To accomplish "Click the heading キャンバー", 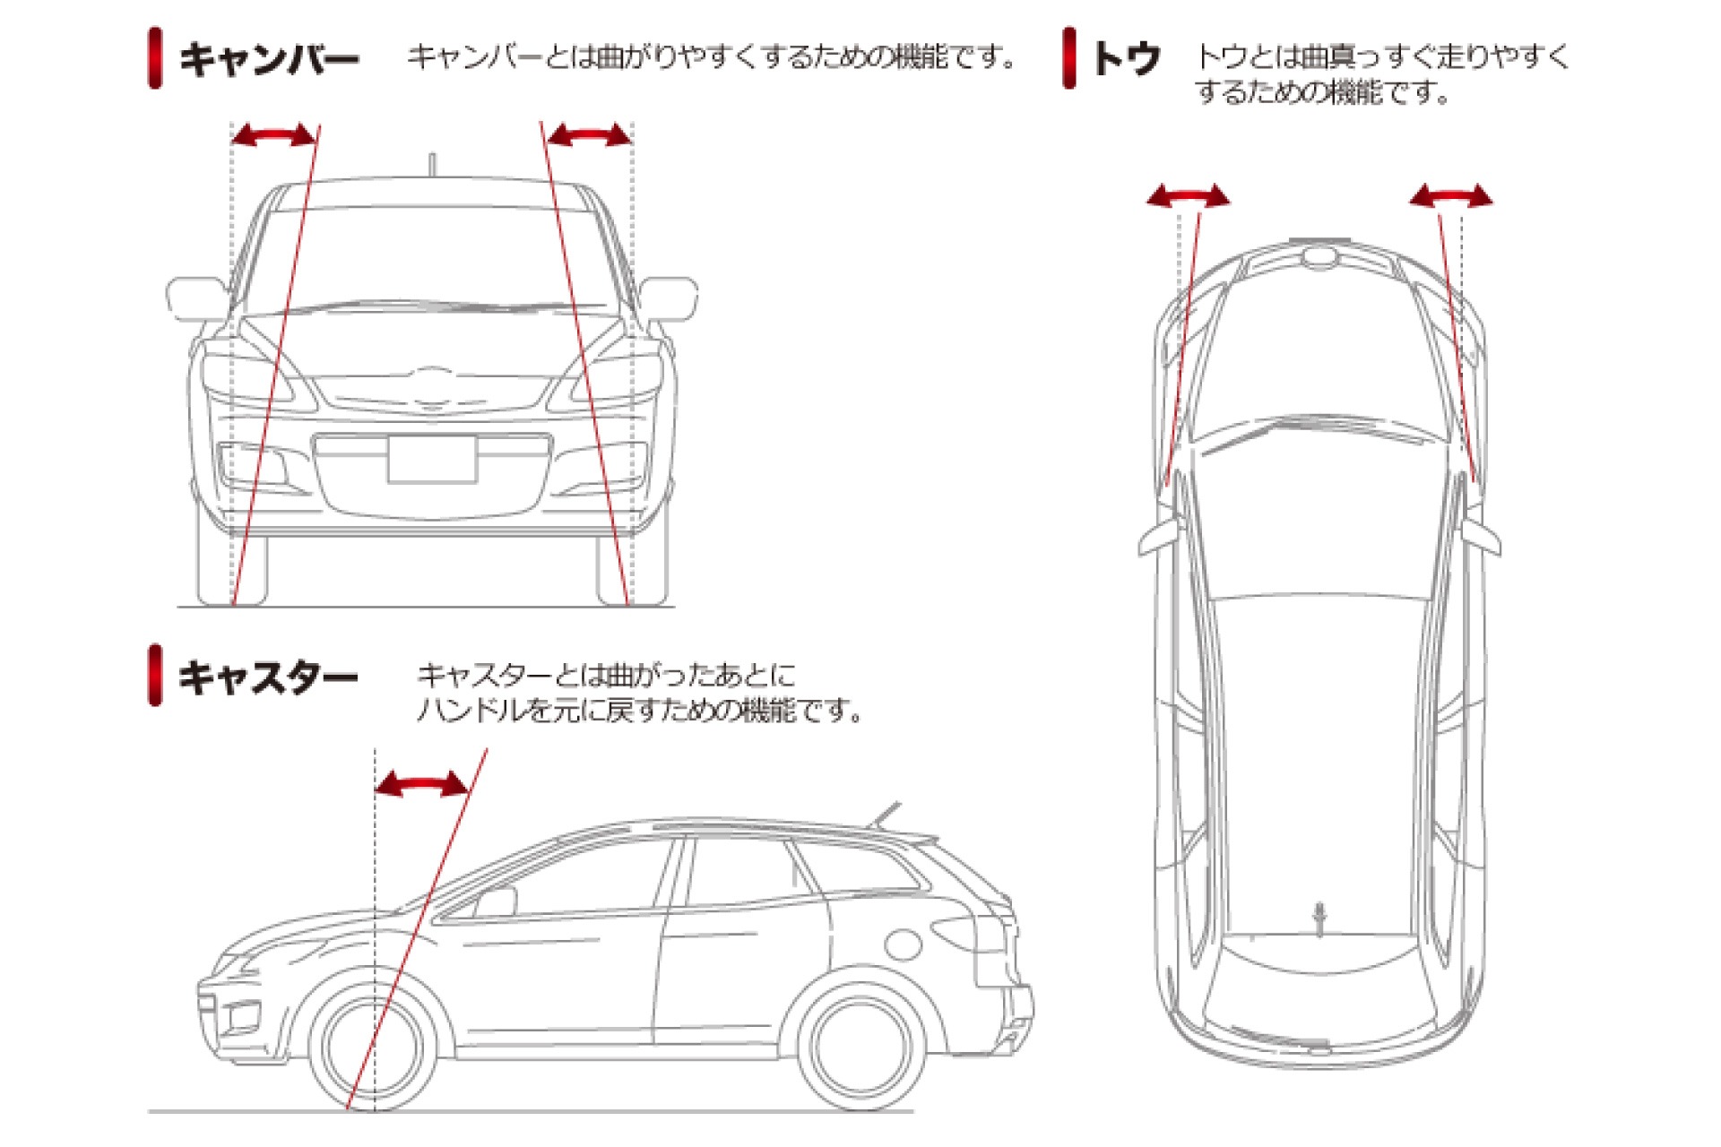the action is pyautogui.click(x=269, y=59).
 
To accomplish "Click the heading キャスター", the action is pyautogui.click(x=268, y=677).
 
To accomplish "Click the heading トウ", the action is pyautogui.click(x=1127, y=59).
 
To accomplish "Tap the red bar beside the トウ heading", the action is pyautogui.click(x=1068, y=58).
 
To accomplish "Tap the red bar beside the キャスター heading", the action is pyautogui.click(x=155, y=675).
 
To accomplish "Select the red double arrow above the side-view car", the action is pyautogui.click(x=421, y=786).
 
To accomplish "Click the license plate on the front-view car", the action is pyautogui.click(x=431, y=459).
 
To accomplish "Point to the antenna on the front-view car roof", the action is pyautogui.click(x=432, y=167).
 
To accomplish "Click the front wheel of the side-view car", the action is pyautogui.click(x=375, y=1047).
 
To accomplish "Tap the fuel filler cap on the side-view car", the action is pyautogui.click(x=903, y=944).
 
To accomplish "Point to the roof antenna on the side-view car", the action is pyautogui.click(x=883, y=815).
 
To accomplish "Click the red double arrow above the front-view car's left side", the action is pyautogui.click(x=274, y=136).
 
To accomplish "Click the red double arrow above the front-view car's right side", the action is pyautogui.click(x=589, y=136).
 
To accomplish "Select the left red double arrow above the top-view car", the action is pyautogui.click(x=1189, y=196).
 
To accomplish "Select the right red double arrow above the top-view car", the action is pyautogui.click(x=1451, y=196).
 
